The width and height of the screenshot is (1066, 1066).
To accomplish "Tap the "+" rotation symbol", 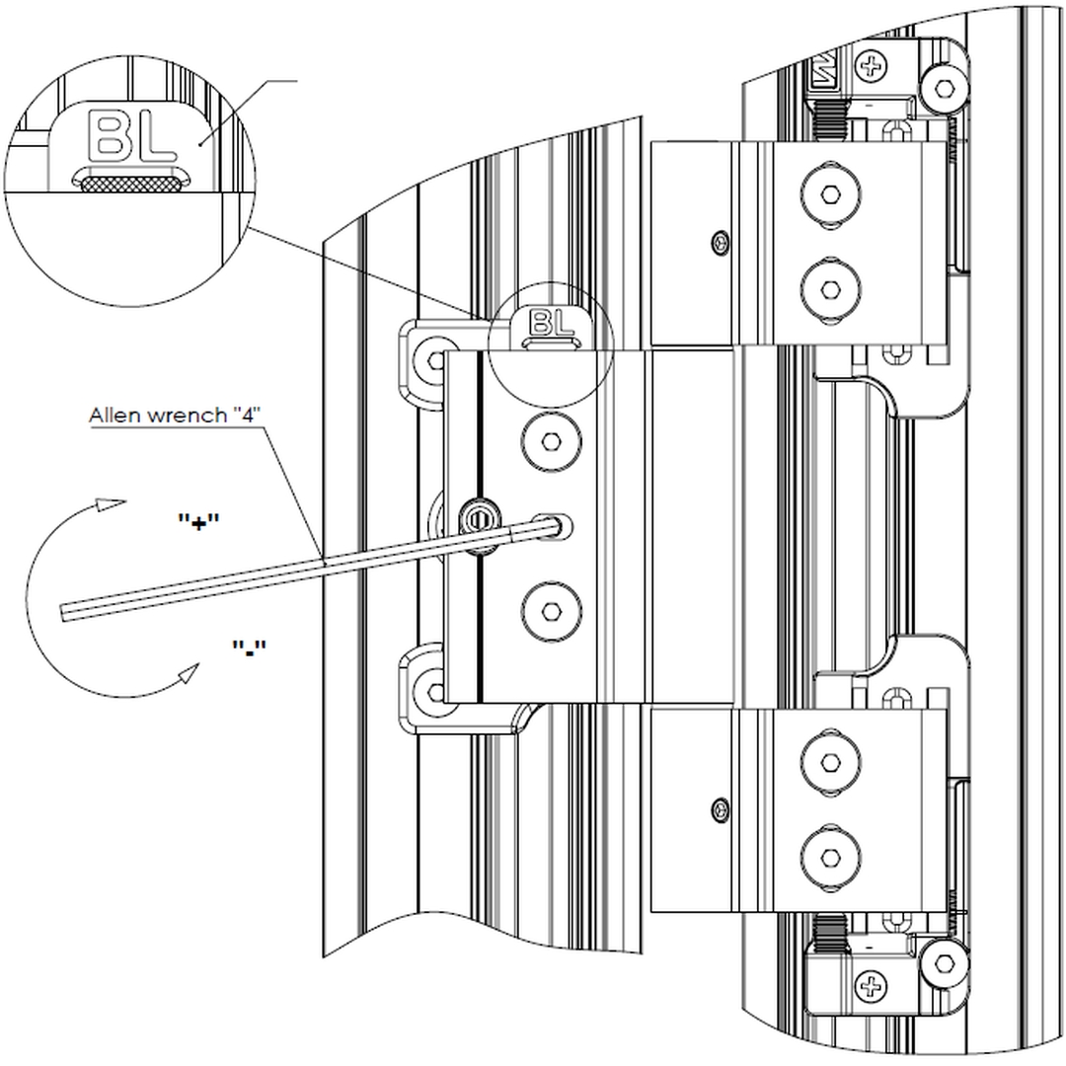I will coord(198,522).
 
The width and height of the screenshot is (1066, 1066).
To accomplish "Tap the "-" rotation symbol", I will coord(249,647).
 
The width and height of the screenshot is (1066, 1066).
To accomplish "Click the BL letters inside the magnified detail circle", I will coord(132,136).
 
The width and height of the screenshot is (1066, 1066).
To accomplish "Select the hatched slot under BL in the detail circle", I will coord(130,182).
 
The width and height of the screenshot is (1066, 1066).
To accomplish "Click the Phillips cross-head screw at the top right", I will coord(871,68).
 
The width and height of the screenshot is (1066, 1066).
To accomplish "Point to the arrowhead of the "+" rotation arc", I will coord(114,504).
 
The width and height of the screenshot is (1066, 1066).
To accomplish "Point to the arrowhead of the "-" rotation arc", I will coord(187,675).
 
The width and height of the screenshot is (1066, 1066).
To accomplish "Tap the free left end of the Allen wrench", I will coord(65,612).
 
